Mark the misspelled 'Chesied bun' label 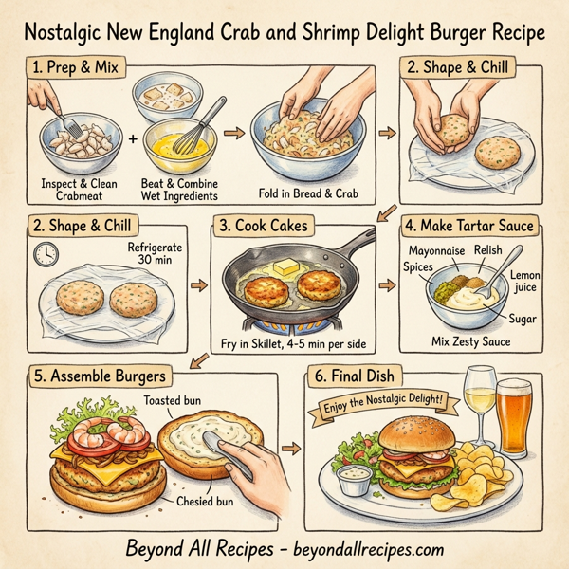[203, 500]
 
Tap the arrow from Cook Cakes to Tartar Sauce [386, 284]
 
